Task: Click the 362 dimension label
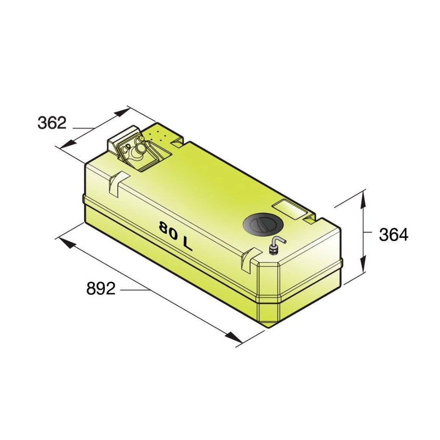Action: (x=52, y=123)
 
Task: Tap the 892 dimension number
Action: (x=101, y=288)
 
